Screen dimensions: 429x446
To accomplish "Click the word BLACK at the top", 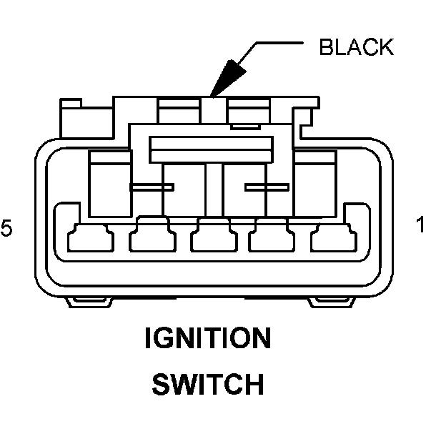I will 355,48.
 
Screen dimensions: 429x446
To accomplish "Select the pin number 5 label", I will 6,228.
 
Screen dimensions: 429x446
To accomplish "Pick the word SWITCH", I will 207,385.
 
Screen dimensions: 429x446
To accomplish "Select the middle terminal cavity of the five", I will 212,237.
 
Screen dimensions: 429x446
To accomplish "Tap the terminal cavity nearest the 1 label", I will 332,237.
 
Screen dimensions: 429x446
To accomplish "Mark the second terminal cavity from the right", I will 272,237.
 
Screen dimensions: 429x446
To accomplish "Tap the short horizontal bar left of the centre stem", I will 152,188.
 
